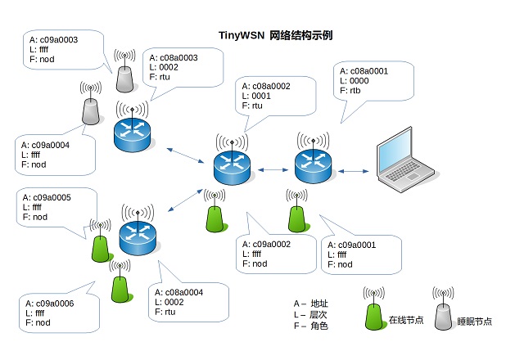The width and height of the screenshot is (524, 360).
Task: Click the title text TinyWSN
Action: [x=242, y=35]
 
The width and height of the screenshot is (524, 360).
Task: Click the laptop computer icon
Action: [x=406, y=160]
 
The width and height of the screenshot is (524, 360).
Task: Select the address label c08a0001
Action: [x=369, y=71]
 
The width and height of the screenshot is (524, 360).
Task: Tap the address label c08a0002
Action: [x=271, y=86]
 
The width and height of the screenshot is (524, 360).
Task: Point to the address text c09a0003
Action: [x=58, y=40]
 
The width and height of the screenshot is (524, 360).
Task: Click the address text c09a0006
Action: [x=55, y=304]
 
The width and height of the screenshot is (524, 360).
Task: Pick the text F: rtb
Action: [x=350, y=91]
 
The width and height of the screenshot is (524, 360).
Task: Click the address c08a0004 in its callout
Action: [x=183, y=293]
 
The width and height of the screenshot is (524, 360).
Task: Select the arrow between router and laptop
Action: [x=353, y=171]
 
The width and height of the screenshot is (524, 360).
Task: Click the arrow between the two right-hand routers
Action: [x=273, y=170]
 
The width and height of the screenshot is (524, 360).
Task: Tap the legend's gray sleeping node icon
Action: [x=443, y=308]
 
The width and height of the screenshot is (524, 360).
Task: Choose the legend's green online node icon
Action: [x=374, y=308]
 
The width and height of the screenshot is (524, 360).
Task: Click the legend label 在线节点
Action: [x=406, y=320]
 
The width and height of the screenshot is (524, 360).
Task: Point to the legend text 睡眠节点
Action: [x=475, y=322]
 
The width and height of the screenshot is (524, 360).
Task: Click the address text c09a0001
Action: [x=357, y=245]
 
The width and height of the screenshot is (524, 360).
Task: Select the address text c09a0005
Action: [x=52, y=198]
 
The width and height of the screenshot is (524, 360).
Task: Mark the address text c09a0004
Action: [x=51, y=146]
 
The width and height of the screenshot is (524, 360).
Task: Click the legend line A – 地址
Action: [x=311, y=304]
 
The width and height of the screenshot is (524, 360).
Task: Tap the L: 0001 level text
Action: [x=256, y=97]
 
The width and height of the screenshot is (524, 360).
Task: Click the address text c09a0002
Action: [x=272, y=245]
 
